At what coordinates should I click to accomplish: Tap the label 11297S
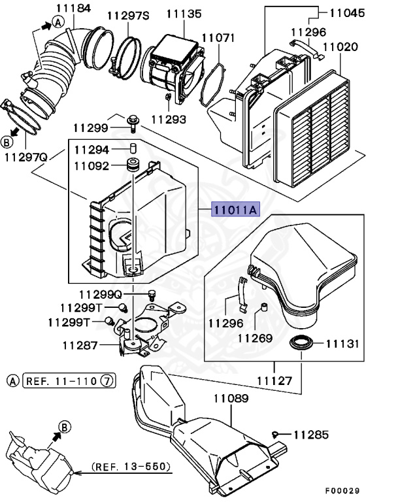point(128,14)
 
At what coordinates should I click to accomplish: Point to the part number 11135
point(183,13)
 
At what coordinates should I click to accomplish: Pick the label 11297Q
point(26,158)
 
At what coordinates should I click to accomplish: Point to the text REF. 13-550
point(131,467)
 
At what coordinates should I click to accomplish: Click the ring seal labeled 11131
point(301,343)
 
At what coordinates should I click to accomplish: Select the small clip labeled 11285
point(276,433)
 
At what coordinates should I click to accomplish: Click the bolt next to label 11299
point(133,120)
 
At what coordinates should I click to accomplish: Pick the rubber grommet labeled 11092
point(134,165)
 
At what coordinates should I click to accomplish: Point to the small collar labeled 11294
point(133,148)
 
